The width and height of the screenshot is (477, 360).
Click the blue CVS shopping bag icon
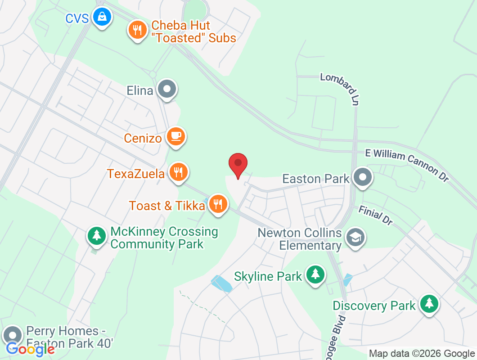[x=102, y=18]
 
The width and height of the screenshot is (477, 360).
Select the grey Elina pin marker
[x=168, y=90]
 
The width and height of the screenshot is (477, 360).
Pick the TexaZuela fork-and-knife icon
[x=179, y=171]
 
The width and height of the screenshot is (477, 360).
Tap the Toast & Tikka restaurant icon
[x=218, y=204]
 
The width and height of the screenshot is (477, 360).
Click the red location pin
[x=238, y=164]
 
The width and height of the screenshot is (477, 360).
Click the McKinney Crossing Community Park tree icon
[x=96, y=235]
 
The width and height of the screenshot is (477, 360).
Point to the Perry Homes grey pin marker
[x=12, y=335]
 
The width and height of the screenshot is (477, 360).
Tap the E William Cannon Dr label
[x=407, y=165]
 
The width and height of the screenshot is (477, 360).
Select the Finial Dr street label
[x=376, y=215]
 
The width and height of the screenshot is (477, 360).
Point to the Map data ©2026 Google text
[x=421, y=354]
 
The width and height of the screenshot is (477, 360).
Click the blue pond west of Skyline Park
[x=222, y=283]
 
